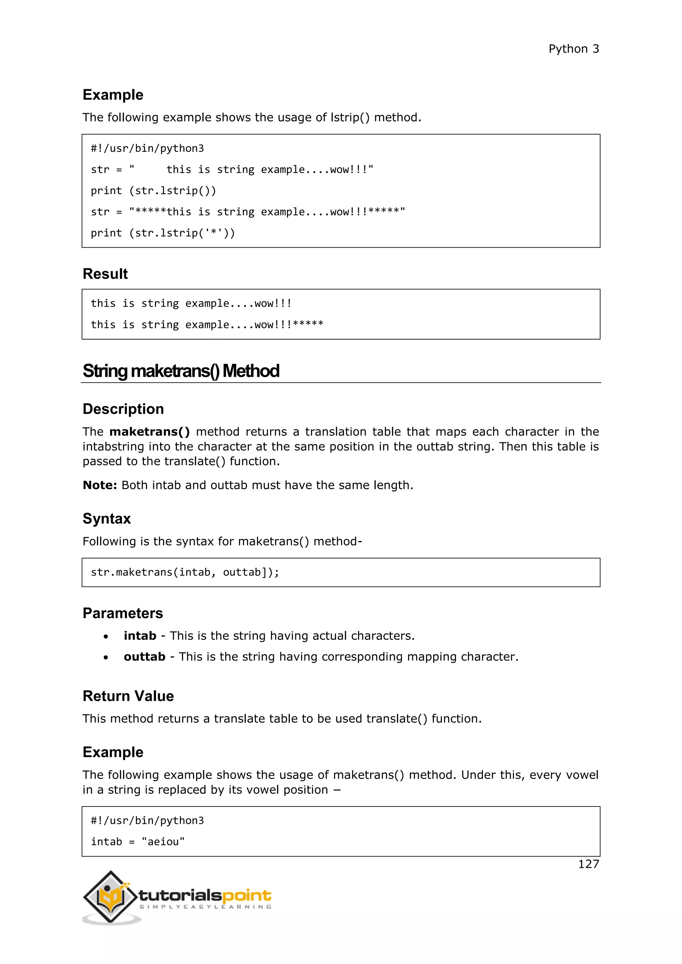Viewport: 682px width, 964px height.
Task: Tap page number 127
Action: pyautogui.click(x=588, y=864)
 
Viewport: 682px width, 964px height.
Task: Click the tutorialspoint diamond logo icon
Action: pyautogui.click(x=111, y=897)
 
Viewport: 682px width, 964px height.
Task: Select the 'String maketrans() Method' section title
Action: pyautogui.click(x=180, y=371)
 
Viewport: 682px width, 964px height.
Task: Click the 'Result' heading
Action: pyautogui.click(x=105, y=274)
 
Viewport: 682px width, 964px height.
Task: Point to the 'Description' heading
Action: pyautogui.click(x=123, y=409)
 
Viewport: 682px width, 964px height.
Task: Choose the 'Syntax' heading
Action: pyautogui.click(x=107, y=519)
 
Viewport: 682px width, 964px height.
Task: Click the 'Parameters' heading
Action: pyautogui.click(x=123, y=613)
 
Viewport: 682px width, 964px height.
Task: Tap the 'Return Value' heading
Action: pyautogui.click(x=128, y=696)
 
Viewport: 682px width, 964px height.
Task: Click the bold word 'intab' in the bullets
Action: pyautogui.click(x=140, y=636)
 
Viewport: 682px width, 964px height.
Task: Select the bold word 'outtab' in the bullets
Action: pyautogui.click(x=145, y=657)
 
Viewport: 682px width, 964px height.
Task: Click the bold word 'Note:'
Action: pyautogui.click(x=100, y=485)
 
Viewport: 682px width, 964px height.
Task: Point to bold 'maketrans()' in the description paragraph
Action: pyautogui.click(x=150, y=432)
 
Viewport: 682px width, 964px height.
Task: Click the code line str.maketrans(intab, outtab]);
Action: pyautogui.click(x=185, y=572)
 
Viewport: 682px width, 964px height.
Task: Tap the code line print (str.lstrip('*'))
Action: pyautogui.click(x=163, y=233)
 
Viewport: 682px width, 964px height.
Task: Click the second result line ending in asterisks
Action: pyautogui.click(x=206, y=325)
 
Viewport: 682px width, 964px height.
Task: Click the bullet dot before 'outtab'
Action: pyautogui.click(x=106, y=657)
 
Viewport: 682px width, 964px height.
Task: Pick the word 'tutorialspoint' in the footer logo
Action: pyautogui.click(x=204, y=895)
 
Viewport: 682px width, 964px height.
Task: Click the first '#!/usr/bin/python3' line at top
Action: pyautogui.click(x=147, y=148)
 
